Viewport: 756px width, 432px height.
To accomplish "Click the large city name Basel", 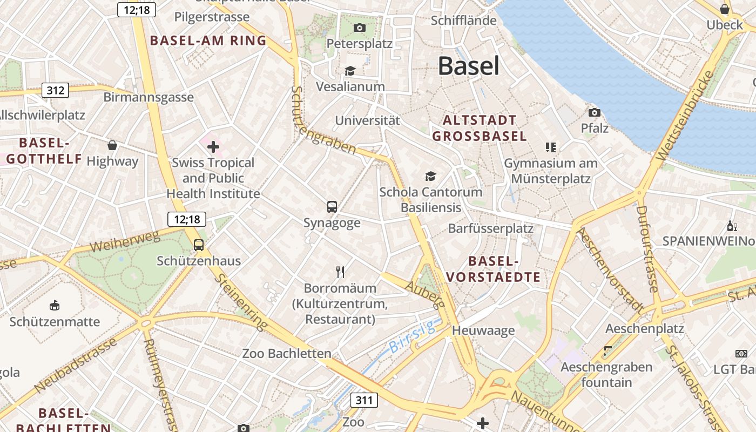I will (x=468, y=66).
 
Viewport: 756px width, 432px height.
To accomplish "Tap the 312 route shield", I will (x=55, y=90).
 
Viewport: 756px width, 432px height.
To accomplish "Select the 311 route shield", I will (x=364, y=400).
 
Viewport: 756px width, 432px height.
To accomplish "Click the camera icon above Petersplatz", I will (x=360, y=28).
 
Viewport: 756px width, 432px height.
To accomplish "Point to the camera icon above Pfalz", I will (x=595, y=112).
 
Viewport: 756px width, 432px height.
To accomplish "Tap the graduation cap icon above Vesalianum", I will (x=350, y=71).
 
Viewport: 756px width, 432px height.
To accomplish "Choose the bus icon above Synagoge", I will (x=332, y=207).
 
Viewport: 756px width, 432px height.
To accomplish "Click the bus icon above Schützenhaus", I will (x=199, y=245).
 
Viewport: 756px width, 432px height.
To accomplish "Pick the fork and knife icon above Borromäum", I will (x=340, y=272).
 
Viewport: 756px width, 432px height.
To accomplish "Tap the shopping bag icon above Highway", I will (x=112, y=145).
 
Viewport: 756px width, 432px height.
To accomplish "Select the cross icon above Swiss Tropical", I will (x=213, y=146).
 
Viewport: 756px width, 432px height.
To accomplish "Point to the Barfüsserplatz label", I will (x=490, y=228).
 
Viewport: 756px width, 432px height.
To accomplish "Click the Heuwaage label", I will (x=483, y=330).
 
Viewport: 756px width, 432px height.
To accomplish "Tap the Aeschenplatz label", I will (x=644, y=328).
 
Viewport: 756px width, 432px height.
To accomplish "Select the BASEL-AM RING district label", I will (x=208, y=40).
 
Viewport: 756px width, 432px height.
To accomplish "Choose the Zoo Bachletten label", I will (x=286, y=354).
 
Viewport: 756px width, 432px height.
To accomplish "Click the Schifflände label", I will (x=463, y=21).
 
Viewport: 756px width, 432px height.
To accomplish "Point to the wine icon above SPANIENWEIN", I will (x=733, y=226).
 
